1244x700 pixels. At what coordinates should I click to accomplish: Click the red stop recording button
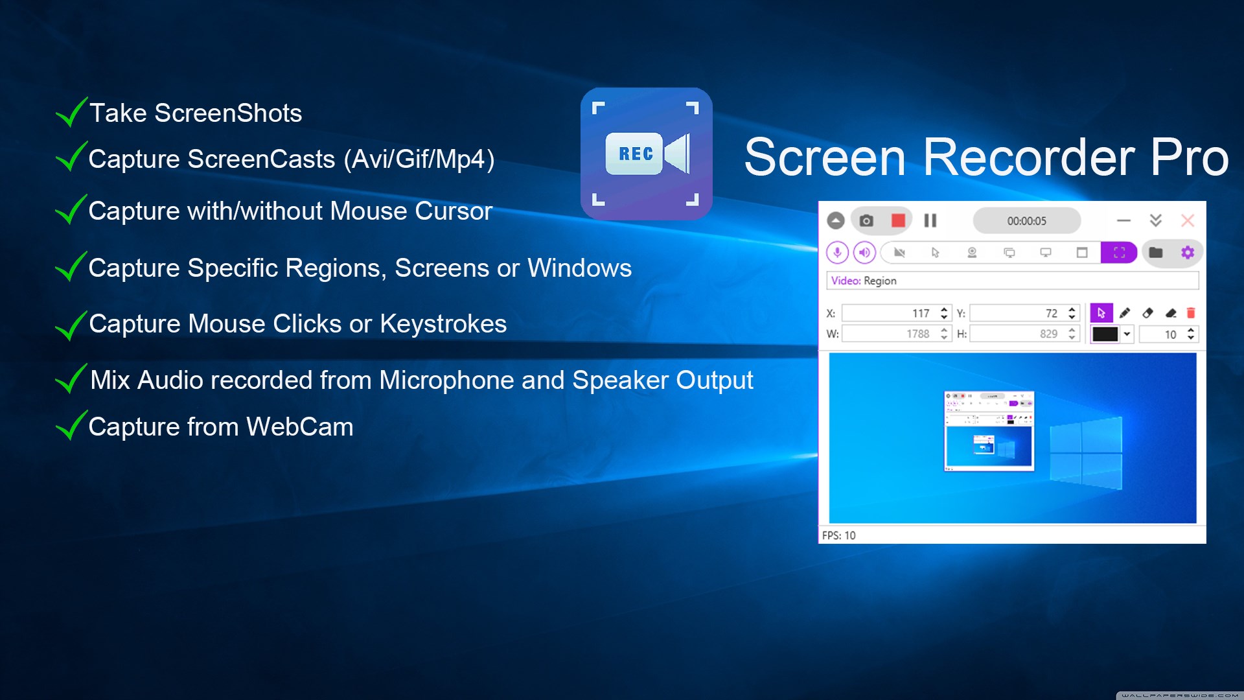pyautogui.click(x=898, y=220)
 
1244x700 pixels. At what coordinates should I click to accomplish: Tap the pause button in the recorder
pyautogui.click(x=930, y=220)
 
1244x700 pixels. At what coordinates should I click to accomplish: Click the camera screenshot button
pyautogui.click(x=866, y=220)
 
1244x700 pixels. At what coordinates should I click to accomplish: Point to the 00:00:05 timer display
pyautogui.click(x=1026, y=221)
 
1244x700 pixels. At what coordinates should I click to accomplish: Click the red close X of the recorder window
pyautogui.click(x=1188, y=220)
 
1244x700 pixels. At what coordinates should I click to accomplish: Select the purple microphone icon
pyautogui.click(x=837, y=252)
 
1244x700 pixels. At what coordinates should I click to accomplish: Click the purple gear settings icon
pyautogui.click(x=1188, y=252)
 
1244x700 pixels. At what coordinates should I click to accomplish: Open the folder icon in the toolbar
pyautogui.click(x=1156, y=252)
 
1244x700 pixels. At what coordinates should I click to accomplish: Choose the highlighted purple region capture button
pyautogui.click(x=1119, y=252)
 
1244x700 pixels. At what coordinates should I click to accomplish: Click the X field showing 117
pyautogui.click(x=896, y=313)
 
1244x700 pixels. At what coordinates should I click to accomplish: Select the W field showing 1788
pyautogui.click(x=896, y=334)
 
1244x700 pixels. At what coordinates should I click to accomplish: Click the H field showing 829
pyautogui.click(x=1024, y=334)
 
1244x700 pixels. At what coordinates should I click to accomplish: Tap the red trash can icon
pyautogui.click(x=1191, y=313)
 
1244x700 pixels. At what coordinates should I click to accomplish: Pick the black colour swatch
pyautogui.click(x=1105, y=334)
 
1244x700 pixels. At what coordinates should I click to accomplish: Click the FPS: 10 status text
pyautogui.click(x=838, y=535)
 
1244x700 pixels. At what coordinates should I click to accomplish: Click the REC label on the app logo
pyautogui.click(x=636, y=154)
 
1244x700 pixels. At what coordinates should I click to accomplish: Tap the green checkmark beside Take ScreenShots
pyautogui.click(x=72, y=111)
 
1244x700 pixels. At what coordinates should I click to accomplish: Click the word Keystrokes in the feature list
pyautogui.click(x=443, y=324)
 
